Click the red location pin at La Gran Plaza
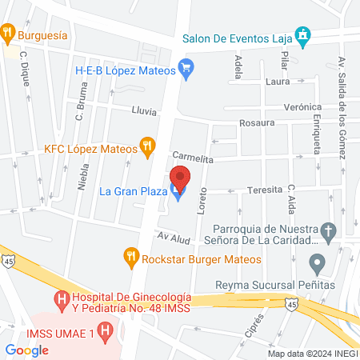181,178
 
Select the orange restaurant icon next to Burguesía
9,33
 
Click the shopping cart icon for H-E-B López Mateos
187,69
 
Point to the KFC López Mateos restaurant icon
147,146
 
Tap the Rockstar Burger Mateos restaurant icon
131,258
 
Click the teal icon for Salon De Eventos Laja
302,35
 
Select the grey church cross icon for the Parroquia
326,231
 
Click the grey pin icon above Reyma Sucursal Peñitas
318,262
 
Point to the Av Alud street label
172,238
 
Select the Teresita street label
266,190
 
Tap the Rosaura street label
257,123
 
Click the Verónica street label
303,107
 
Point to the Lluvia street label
144,111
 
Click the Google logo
26,350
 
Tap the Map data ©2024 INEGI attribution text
312,354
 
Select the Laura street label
277,81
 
